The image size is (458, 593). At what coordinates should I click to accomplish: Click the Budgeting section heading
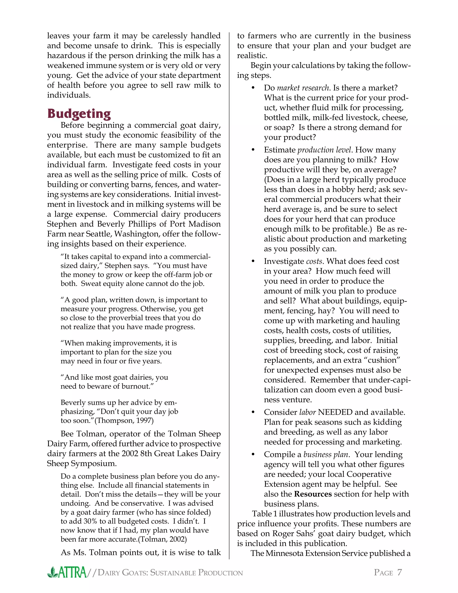click(79, 113)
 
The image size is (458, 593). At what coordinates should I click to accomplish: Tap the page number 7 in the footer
click(399, 572)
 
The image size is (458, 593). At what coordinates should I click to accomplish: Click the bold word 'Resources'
click(313, 494)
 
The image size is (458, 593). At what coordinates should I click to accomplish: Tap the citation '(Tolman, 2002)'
click(162, 539)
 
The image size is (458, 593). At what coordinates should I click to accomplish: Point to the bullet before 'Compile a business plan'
click(253, 454)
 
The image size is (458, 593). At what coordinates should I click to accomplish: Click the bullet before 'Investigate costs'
click(253, 261)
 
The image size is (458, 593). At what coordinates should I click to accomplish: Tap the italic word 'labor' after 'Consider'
click(307, 412)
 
